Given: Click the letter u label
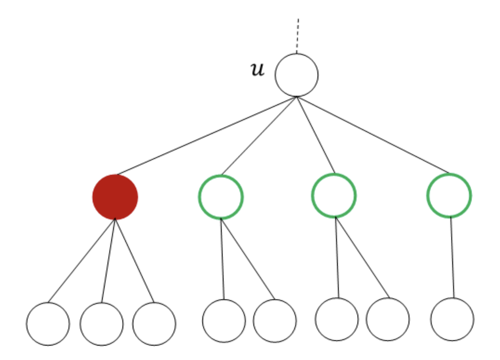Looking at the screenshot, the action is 257,69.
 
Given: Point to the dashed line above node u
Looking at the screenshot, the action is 298,36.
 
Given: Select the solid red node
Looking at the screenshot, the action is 115,197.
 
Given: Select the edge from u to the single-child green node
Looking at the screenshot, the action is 373,135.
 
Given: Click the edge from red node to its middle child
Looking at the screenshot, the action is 108,260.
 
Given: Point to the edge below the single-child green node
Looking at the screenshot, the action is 452,257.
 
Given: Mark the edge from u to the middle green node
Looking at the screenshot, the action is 316,135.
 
